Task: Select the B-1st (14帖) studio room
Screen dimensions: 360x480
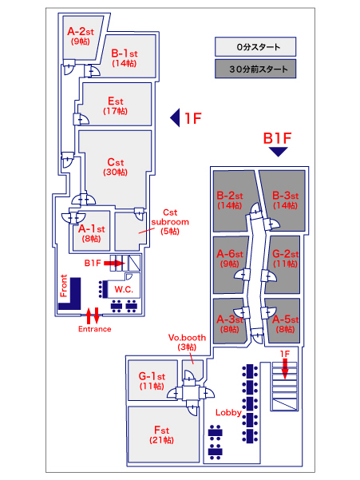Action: [128, 56]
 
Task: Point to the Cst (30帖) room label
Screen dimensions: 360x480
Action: [115, 167]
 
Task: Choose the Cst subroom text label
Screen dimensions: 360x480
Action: [170, 222]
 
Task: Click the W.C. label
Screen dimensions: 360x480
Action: [124, 289]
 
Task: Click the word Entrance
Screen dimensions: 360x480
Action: [95, 329]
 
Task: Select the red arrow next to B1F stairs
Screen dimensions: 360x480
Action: [114, 263]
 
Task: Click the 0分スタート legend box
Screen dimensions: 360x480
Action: [255, 47]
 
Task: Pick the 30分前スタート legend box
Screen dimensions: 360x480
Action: [255, 69]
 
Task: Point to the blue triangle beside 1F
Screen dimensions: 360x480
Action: [176, 118]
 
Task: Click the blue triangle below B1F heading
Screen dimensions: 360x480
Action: [279, 152]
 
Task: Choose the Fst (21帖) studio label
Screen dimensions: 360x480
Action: [161, 434]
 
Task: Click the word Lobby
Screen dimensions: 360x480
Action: [228, 413]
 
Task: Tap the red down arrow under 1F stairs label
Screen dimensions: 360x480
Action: [285, 369]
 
